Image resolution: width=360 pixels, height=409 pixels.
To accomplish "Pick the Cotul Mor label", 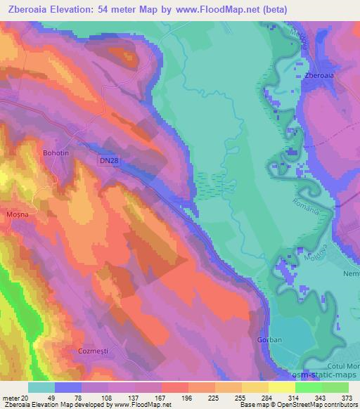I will [x=342, y=368].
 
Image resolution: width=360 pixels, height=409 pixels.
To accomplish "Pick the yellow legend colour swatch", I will [x=281, y=387].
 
